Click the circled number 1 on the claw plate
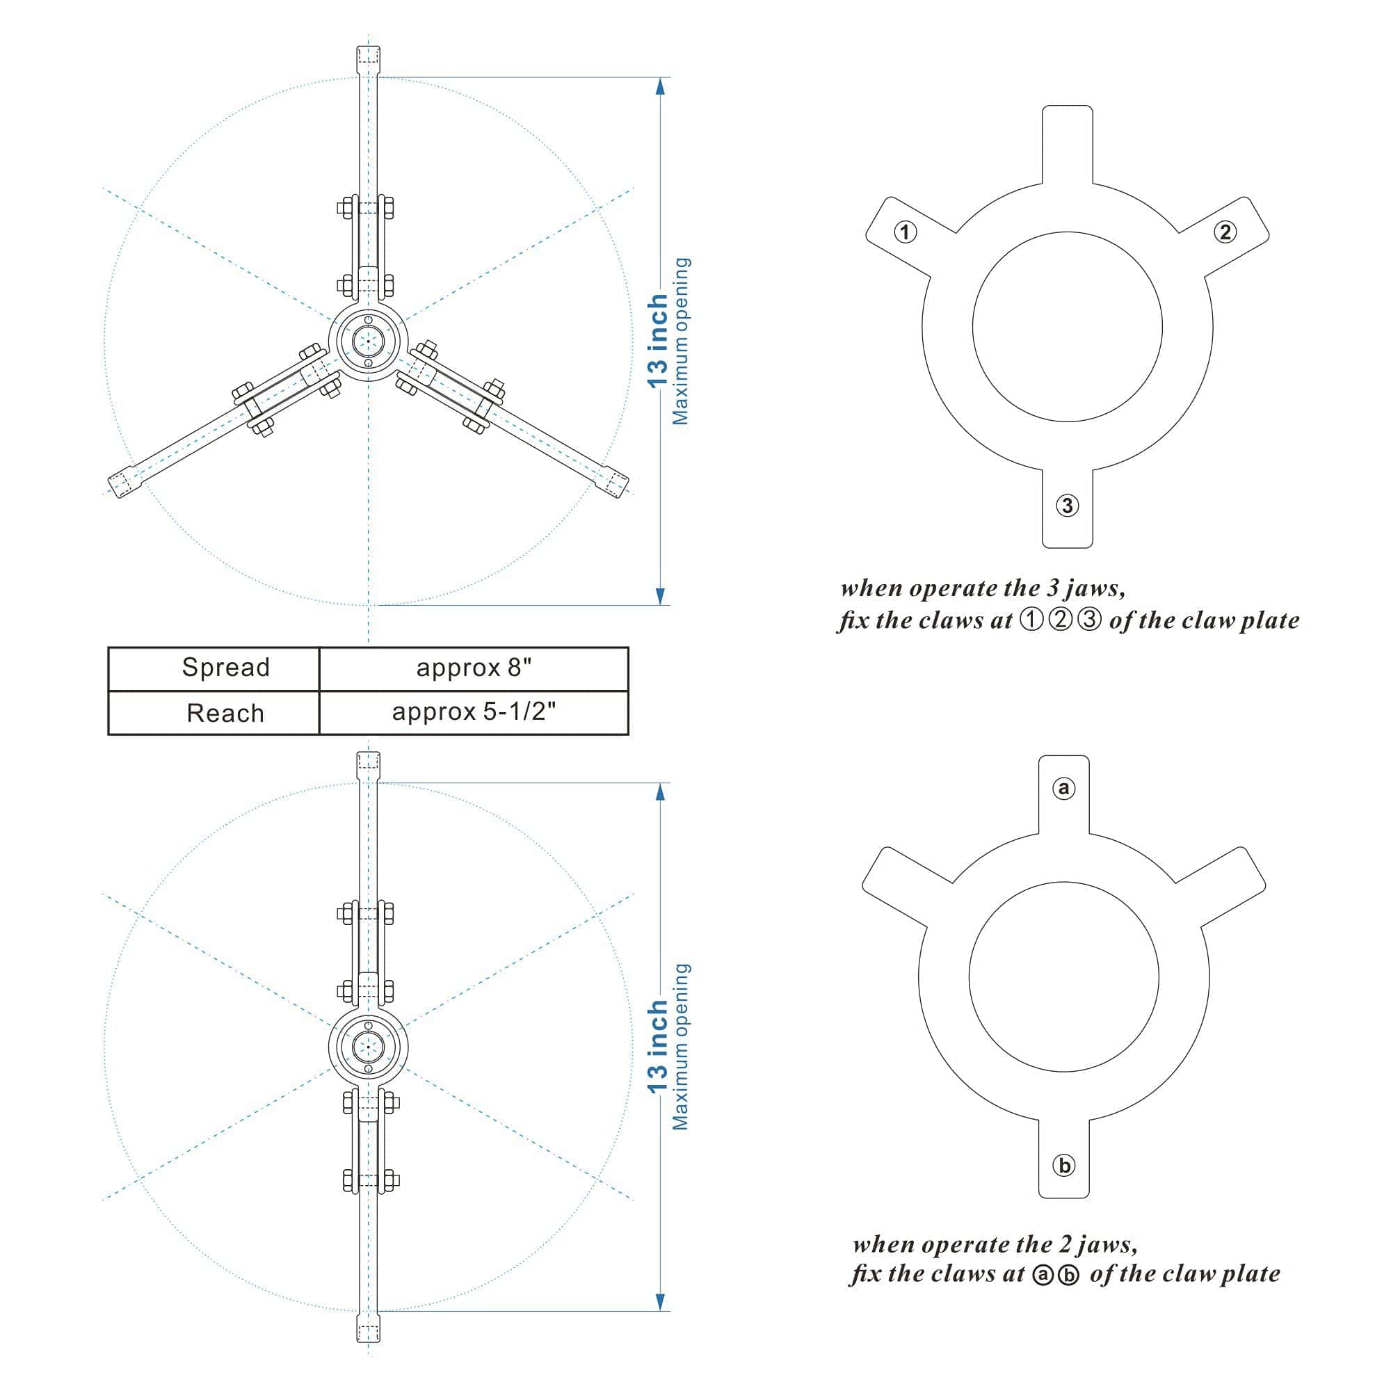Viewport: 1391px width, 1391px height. (x=905, y=232)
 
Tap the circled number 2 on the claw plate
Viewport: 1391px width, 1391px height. (x=1225, y=232)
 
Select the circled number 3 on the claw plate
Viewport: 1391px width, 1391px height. (x=1067, y=506)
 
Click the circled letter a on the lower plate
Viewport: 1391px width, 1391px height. (x=1063, y=789)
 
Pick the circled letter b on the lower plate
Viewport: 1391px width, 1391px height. (x=1063, y=1165)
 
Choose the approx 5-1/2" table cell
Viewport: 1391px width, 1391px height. (x=474, y=713)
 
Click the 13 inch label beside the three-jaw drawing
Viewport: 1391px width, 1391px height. (x=657, y=341)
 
